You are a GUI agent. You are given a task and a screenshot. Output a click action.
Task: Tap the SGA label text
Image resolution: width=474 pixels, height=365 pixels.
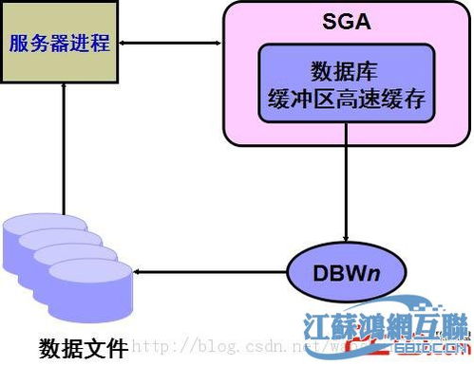[345, 21]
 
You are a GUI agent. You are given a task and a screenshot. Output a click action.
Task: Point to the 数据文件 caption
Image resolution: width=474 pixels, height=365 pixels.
[83, 347]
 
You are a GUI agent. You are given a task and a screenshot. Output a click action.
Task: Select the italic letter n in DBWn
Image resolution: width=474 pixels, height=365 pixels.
[378, 273]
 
